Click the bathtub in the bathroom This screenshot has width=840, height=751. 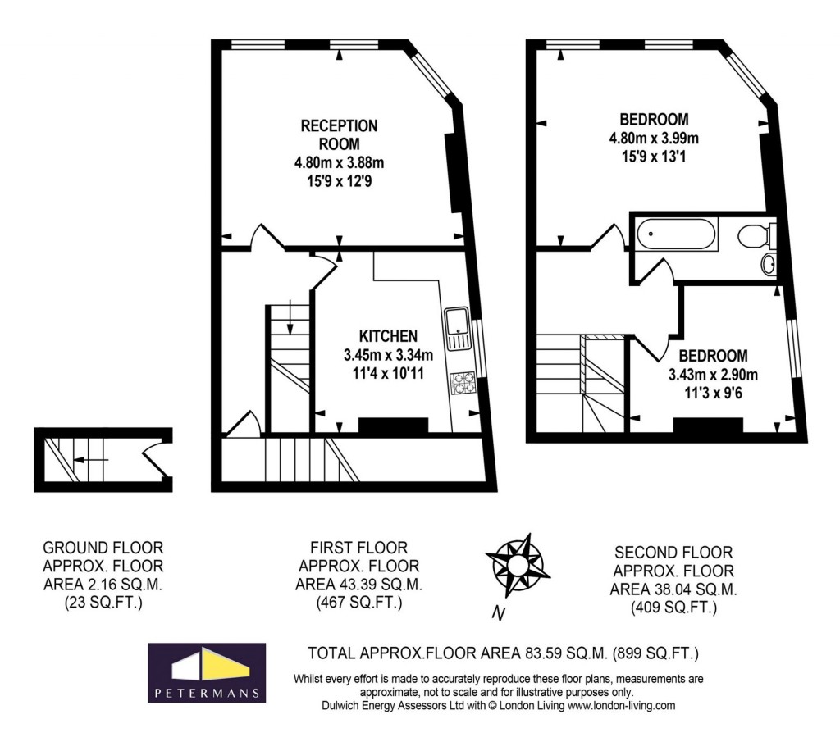[x=674, y=234]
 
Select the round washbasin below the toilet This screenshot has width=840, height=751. [x=769, y=264]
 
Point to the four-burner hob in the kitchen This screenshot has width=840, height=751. [x=463, y=383]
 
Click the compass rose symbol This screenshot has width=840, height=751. [x=516, y=565]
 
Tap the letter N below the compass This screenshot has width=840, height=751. [x=498, y=612]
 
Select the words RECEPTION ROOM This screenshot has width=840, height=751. [x=339, y=134]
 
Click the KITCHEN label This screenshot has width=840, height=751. [x=388, y=336]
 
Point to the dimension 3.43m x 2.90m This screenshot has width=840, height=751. [x=712, y=375]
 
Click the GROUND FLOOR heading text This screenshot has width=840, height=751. [x=103, y=548]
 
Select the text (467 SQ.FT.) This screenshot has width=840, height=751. [x=358, y=604]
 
